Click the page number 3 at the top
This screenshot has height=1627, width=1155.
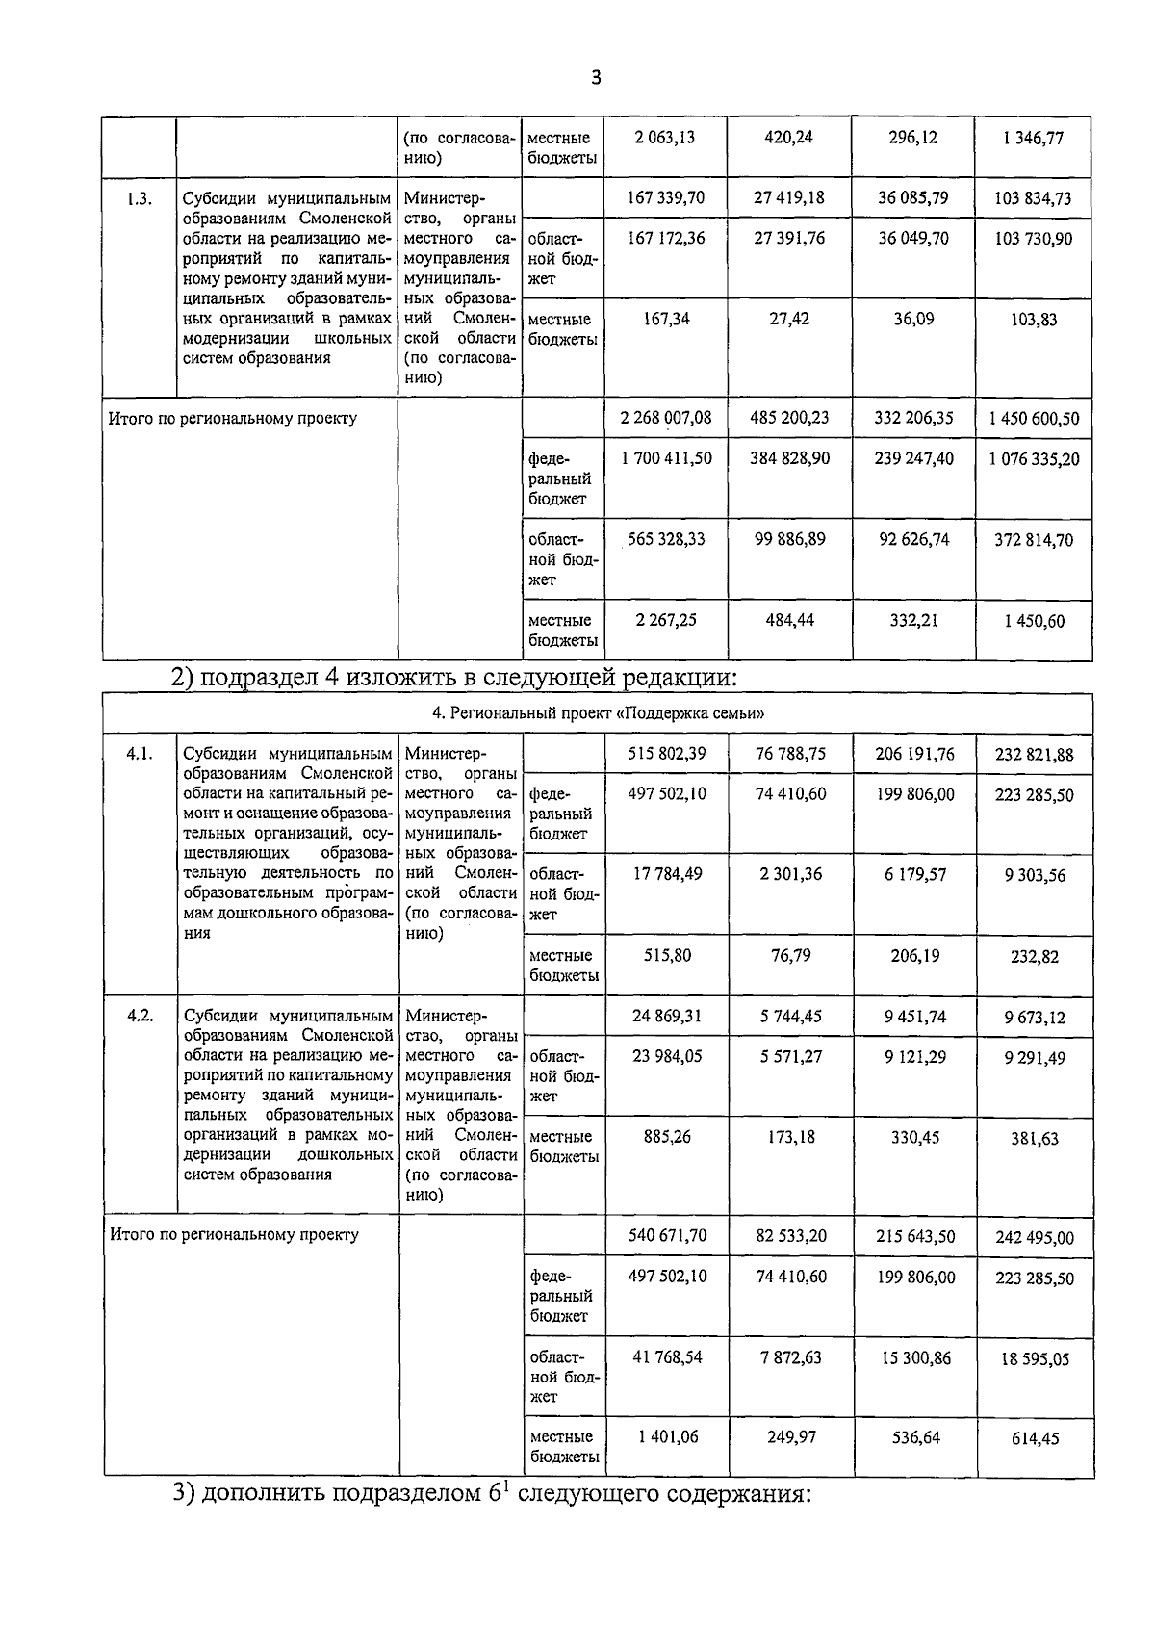coord(596,78)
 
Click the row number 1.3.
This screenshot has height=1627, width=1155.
coord(140,199)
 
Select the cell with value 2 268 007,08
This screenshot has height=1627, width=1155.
coord(666,418)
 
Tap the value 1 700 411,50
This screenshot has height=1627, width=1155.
coord(666,458)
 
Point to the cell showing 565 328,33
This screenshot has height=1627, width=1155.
coord(666,539)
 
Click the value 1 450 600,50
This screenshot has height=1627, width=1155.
coord(1034,419)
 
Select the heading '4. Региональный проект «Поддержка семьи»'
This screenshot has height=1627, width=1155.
coord(598,714)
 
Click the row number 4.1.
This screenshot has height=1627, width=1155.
coord(140,754)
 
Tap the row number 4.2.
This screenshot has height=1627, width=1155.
coord(140,1017)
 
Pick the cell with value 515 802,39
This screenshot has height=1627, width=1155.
coord(666,754)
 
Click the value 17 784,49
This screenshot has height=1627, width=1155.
coord(666,874)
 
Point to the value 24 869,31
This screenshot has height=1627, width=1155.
coord(666,1017)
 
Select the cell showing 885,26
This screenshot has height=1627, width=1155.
coord(666,1137)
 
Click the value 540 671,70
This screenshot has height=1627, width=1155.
coord(666,1236)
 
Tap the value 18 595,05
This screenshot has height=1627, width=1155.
coord(1034,1359)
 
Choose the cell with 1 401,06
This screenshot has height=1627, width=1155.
coord(666,1437)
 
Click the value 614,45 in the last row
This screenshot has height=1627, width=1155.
coord(1034,1439)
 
